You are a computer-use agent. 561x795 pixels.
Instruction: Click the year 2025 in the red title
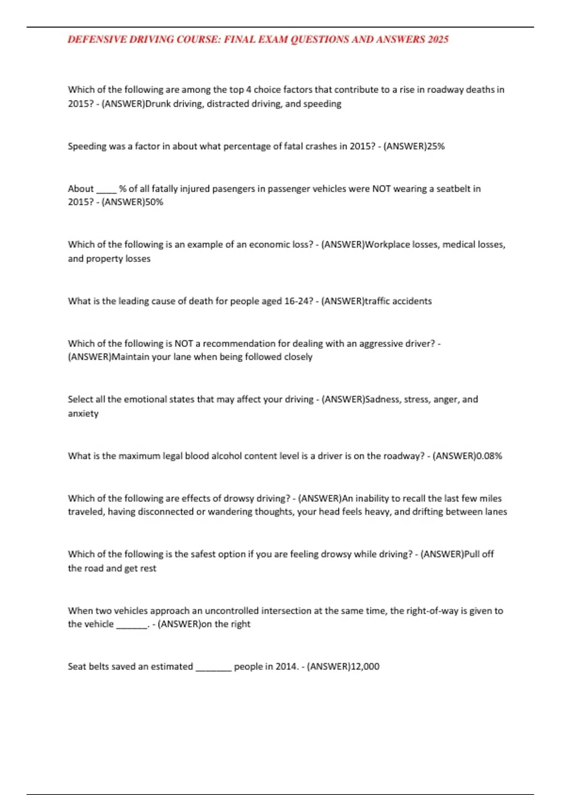click(x=438, y=39)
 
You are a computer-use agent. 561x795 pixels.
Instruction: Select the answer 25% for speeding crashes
click(x=436, y=146)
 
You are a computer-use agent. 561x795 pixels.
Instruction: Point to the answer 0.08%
click(x=489, y=456)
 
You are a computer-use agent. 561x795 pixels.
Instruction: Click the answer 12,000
click(x=365, y=666)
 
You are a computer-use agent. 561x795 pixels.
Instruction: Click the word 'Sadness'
click(x=382, y=399)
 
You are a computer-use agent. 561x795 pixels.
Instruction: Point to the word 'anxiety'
click(x=83, y=414)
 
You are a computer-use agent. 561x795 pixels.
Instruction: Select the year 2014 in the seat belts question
click(x=286, y=666)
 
